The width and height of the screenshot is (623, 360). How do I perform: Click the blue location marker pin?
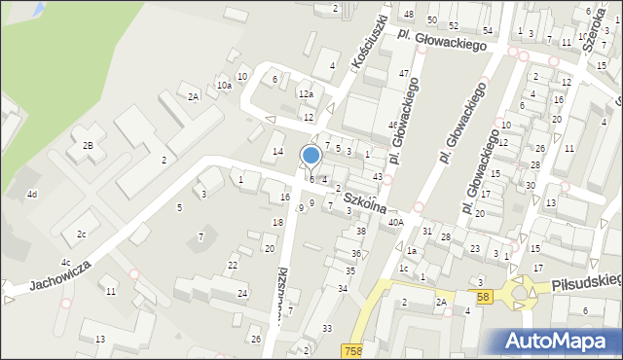tap(311, 157)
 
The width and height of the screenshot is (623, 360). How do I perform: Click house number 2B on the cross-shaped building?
tap(88, 145)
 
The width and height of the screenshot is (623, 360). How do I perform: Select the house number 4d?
tap(32, 195)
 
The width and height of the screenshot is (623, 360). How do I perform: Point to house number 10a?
tap(224, 86)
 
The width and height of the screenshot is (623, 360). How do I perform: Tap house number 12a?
tap(306, 94)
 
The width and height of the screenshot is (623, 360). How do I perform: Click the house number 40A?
tap(395, 223)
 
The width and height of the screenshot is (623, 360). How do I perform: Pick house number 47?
tap(403, 74)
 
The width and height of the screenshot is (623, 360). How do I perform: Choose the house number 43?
tap(377, 176)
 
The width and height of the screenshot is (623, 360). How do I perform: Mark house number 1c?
tap(403, 268)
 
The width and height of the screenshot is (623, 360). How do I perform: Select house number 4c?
tap(65, 263)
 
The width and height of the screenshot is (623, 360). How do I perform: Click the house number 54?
tap(487, 32)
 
